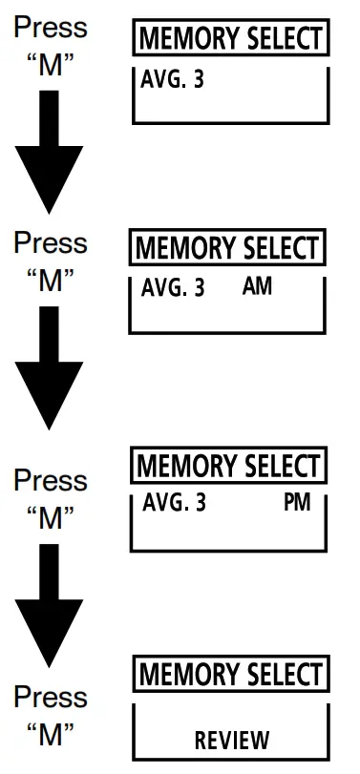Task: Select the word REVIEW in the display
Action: [232, 739]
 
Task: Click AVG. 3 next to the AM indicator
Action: [172, 287]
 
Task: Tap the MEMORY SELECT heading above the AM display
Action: [226, 248]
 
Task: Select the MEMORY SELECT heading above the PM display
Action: [227, 467]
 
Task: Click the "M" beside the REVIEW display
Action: [50, 734]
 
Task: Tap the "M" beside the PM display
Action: [50, 518]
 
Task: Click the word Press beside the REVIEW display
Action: [50, 696]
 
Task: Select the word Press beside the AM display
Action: [50, 243]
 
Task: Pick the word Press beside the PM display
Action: [50, 480]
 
